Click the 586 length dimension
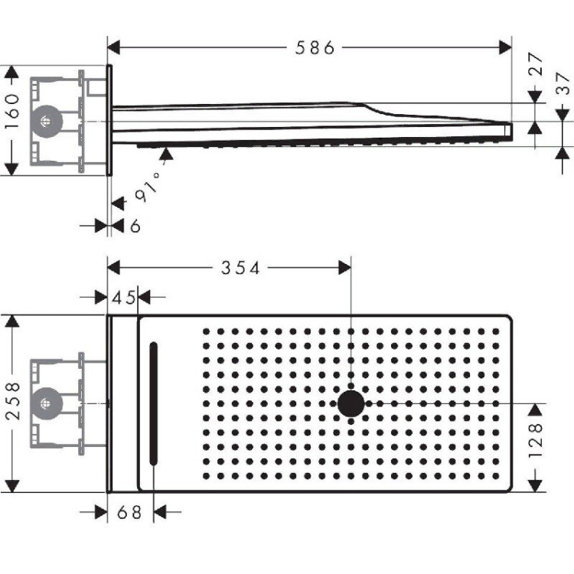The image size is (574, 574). [x=315, y=47]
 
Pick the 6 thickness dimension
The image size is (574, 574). [x=135, y=226]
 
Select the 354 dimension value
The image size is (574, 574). [x=241, y=268]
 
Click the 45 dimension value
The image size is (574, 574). [x=123, y=296]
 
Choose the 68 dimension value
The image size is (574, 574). [x=131, y=512]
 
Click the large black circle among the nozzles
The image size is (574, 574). [x=351, y=403]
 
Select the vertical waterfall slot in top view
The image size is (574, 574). [x=154, y=403]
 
